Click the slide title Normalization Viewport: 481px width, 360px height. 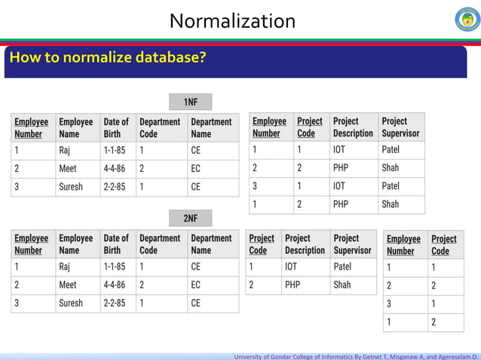(x=232, y=20)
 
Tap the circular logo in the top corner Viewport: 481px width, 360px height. (x=467, y=19)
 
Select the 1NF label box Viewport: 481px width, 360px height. (x=190, y=102)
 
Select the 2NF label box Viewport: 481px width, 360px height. (x=190, y=218)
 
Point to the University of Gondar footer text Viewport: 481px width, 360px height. (x=356, y=354)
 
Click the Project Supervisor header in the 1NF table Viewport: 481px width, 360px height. (x=400, y=127)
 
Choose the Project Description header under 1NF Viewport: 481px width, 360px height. (x=353, y=127)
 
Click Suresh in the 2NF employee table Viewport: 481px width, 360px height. (x=72, y=303)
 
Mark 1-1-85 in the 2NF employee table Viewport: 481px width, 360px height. (x=115, y=267)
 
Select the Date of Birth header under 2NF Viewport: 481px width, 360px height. (x=116, y=244)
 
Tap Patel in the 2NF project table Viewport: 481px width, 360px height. (x=342, y=267)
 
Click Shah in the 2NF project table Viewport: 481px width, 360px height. (x=342, y=285)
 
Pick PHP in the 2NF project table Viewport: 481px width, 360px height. (x=293, y=285)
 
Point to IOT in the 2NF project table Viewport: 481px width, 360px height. (x=291, y=267)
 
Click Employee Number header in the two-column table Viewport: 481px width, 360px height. (x=403, y=245)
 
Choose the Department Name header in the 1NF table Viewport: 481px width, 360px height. (x=211, y=127)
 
